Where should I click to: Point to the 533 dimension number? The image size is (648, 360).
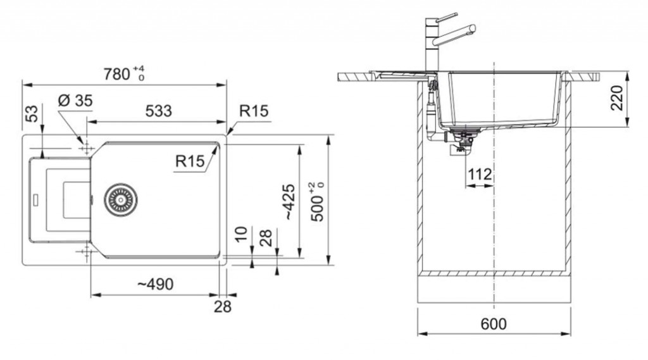[158, 111]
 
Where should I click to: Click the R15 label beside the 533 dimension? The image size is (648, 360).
[254, 111]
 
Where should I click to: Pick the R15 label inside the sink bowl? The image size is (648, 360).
[190, 161]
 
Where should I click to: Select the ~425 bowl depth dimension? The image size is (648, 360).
[289, 202]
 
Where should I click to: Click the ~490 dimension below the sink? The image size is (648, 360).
[155, 285]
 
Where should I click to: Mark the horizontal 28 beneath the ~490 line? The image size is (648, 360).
[222, 307]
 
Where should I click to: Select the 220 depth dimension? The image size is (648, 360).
[618, 97]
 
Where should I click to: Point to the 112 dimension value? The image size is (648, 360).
[480, 175]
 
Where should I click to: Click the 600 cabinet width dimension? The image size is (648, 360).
[494, 324]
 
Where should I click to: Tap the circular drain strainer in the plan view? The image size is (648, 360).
[119, 198]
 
